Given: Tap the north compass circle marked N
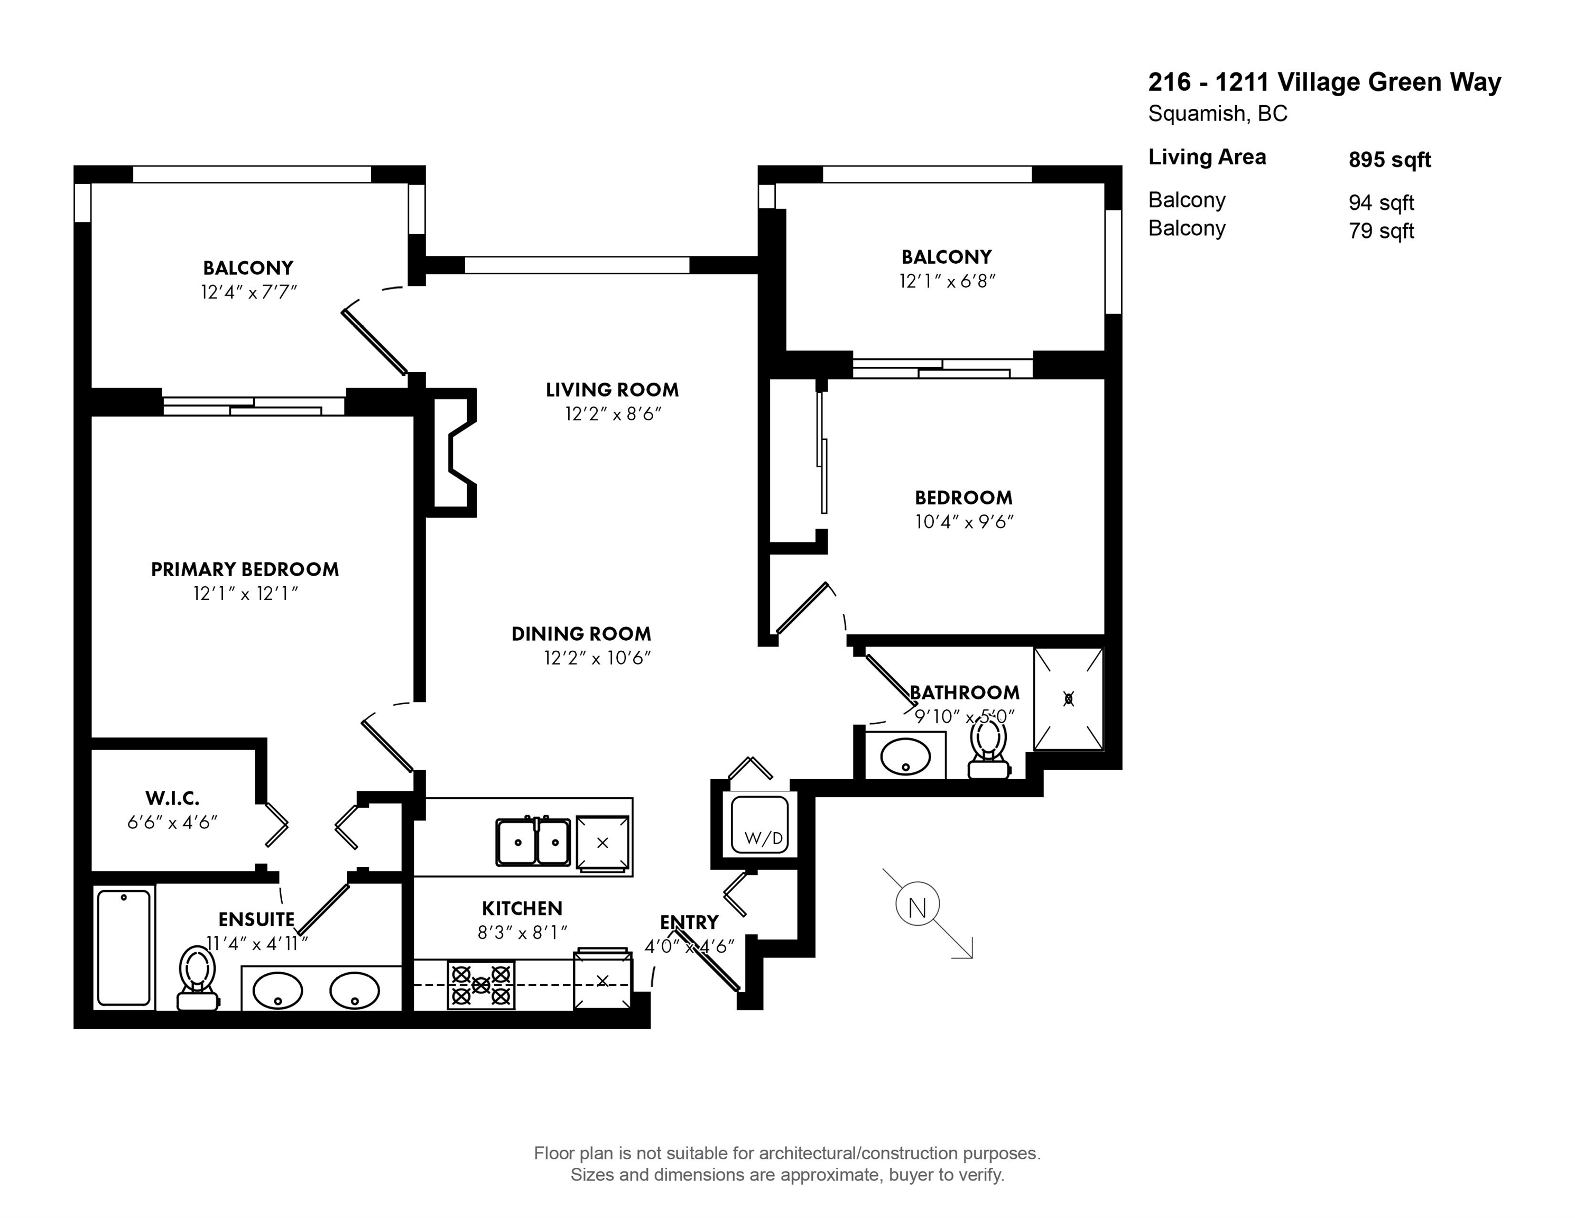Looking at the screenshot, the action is (918, 906).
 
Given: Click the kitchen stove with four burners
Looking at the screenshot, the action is (481, 985).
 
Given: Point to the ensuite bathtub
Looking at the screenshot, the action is (124, 947).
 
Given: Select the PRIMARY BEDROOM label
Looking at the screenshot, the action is (245, 570).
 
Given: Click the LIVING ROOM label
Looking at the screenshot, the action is (612, 390).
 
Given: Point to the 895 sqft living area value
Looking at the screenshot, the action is (1389, 159).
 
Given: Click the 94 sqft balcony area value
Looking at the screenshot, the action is (1381, 202).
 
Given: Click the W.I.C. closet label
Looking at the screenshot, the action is (172, 798).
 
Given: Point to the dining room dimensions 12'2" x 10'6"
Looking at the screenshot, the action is (598, 658).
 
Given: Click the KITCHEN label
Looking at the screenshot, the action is (522, 909).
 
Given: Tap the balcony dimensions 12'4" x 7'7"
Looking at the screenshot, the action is (249, 292).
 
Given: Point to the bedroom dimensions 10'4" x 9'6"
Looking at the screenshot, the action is (964, 521).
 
